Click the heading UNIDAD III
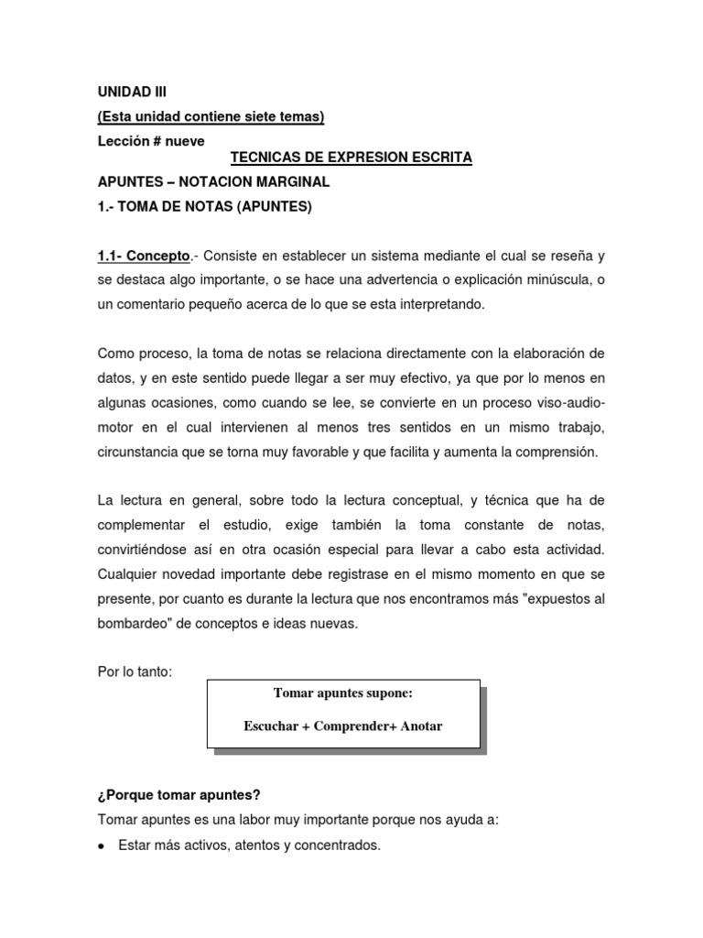[x=133, y=92]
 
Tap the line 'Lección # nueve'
[x=151, y=141]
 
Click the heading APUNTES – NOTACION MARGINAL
[x=213, y=182]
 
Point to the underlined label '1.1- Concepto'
[x=144, y=255]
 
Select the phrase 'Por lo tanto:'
[x=135, y=672]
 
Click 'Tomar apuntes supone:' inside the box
[x=342, y=693]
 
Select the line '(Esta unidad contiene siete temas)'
[x=211, y=116]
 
